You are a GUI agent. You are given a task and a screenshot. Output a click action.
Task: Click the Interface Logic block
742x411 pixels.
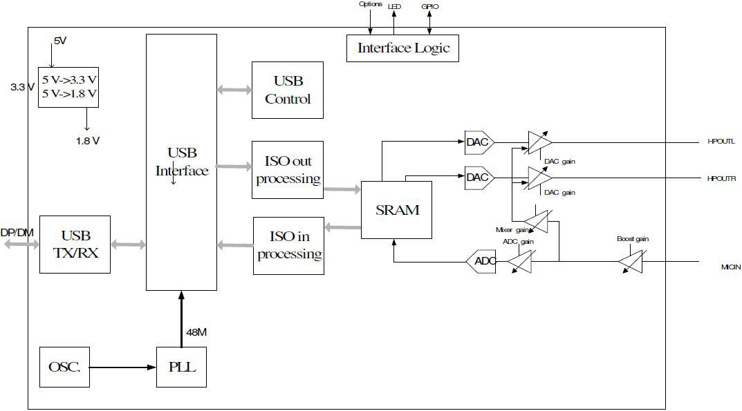point(402,48)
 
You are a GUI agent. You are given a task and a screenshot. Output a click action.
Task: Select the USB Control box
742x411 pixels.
point(288,90)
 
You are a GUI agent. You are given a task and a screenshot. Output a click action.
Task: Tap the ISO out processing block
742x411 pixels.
point(288,170)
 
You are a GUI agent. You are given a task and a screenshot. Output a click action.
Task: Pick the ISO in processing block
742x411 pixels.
point(288,245)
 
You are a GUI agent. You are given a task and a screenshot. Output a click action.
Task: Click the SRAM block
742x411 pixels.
point(397,210)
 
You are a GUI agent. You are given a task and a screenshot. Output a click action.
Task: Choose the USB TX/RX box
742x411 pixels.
point(75,245)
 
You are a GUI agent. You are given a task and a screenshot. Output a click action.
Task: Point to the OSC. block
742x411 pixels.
point(64,367)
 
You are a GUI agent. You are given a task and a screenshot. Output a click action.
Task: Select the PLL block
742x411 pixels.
point(181,367)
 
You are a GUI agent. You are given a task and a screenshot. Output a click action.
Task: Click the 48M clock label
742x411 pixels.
point(196,333)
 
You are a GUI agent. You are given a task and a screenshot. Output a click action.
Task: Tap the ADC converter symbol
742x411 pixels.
point(481,261)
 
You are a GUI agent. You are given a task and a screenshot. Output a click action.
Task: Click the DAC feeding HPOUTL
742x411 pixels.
point(478,142)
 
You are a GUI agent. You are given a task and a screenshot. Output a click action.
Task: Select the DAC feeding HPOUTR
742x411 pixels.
point(478,178)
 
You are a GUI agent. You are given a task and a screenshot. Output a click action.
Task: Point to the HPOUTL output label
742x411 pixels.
point(721,142)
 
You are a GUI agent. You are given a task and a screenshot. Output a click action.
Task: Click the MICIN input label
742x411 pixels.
point(730,267)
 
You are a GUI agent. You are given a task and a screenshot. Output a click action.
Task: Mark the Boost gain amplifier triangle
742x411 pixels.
point(631,261)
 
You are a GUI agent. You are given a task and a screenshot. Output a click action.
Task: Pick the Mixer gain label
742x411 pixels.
point(512,229)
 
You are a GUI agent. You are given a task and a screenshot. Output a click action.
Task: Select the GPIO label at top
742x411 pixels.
point(429,6)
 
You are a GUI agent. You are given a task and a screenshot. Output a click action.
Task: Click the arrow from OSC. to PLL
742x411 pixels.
point(122,367)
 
